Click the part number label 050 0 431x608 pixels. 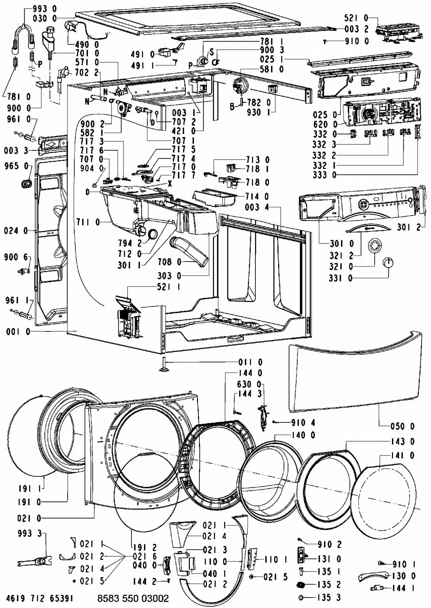403,426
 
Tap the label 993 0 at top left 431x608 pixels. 45,9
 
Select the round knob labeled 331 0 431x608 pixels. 388,263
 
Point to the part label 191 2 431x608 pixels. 145,547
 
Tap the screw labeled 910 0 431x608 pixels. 325,42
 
